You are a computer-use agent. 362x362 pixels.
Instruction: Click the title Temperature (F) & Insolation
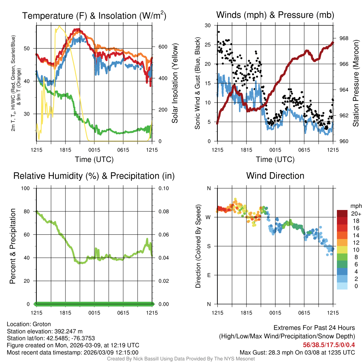tap(94, 16)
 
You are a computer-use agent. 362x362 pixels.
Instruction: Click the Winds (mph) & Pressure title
tap(275, 15)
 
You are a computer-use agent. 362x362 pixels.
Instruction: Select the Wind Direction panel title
tap(275, 176)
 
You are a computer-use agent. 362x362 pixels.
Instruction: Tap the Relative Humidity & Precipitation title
tap(94, 176)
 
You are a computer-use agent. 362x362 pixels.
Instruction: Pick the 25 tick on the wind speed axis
tap(208, 45)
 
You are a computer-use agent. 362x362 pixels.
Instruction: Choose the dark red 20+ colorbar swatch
tap(342, 214)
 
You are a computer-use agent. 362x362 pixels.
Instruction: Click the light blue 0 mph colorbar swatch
tap(342, 286)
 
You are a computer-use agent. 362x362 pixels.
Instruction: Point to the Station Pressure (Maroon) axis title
tap(356, 83)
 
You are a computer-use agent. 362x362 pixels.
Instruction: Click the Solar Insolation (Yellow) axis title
tap(175, 83)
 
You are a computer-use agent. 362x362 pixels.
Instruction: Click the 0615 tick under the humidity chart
tap(123, 313)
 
